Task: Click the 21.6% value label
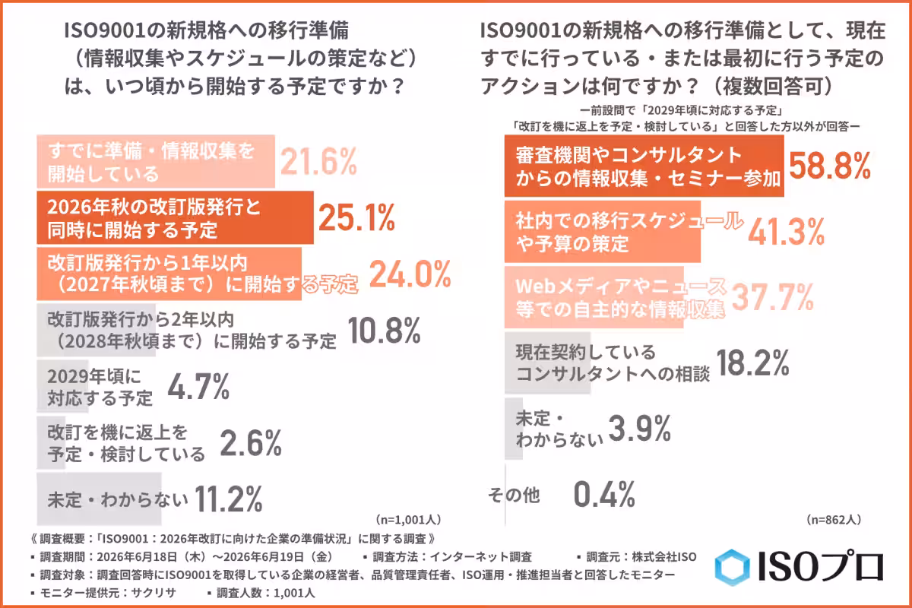coord(318,162)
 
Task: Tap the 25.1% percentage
coord(356,218)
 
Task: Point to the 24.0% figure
coord(410,274)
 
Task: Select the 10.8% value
coord(384,331)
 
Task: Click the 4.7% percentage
coord(198,387)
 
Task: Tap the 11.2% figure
coord(229,499)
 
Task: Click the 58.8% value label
coord(830,166)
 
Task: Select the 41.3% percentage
coord(786,232)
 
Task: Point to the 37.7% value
coord(772,297)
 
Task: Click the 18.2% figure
coord(752,363)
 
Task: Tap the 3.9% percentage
coord(640,429)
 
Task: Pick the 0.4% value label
coord(604,494)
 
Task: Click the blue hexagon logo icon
coord(732,567)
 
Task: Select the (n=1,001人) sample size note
coord(408,519)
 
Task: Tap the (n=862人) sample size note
coord(834,519)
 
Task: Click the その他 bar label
coord(514,496)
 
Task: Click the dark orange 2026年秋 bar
coord(175,218)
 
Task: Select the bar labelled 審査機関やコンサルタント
coord(644,166)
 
